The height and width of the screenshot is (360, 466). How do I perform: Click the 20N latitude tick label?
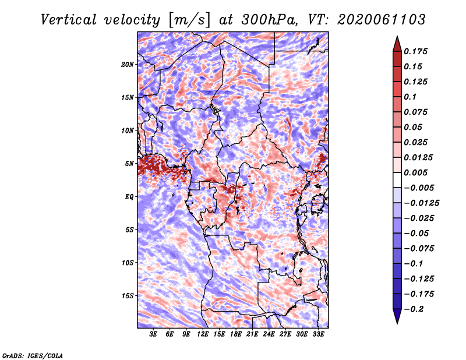pyautogui.click(x=128, y=65)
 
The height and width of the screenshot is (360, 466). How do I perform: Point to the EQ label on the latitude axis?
pyautogui.click(x=129, y=197)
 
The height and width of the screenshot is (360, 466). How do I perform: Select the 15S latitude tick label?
pyautogui.click(x=128, y=296)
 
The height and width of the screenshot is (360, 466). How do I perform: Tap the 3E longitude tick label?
pyautogui.click(x=153, y=334)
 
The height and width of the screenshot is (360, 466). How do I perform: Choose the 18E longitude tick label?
pyautogui.click(x=236, y=334)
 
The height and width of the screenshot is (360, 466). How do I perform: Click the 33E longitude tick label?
pyautogui.click(x=318, y=334)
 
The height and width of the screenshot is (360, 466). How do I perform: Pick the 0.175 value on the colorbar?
pyautogui.click(x=415, y=51)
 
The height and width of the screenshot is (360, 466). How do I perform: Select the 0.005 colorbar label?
pyautogui.click(x=415, y=172)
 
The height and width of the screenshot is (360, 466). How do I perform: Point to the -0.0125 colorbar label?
pyautogui.click(x=421, y=203)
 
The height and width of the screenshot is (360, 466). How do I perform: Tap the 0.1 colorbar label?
pyautogui.click(x=410, y=97)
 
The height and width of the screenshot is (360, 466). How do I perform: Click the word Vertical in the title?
pyautogui.click(x=69, y=20)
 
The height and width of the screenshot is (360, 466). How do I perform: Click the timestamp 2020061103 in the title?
pyautogui.click(x=382, y=20)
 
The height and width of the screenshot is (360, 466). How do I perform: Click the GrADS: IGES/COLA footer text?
pyautogui.click(x=33, y=356)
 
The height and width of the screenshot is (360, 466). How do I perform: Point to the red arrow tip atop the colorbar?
pyautogui.click(x=397, y=37)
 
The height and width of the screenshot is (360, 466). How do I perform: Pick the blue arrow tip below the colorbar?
pyautogui.click(x=397, y=323)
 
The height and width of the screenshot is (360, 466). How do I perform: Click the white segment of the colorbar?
pyautogui.click(x=397, y=180)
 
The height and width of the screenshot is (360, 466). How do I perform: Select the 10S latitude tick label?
pyautogui.click(x=128, y=263)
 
